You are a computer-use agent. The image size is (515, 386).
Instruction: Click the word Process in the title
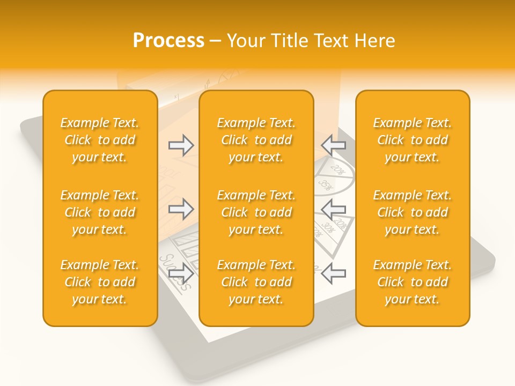click(x=168, y=41)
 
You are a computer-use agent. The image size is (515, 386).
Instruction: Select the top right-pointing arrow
click(x=181, y=145)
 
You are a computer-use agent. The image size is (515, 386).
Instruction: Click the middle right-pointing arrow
click(x=181, y=209)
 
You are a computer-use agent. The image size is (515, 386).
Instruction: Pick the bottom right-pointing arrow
click(x=181, y=273)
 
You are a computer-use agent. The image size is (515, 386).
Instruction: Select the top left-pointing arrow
click(x=333, y=145)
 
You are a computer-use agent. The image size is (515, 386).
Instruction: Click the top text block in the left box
click(x=100, y=140)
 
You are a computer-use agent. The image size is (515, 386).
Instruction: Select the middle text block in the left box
click(x=100, y=212)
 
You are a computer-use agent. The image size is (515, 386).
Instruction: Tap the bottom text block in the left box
click(x=100, y=282)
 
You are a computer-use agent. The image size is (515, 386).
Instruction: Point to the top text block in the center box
click(x=256, y=140)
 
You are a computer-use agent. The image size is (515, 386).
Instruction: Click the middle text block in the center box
click(x=256, y=212)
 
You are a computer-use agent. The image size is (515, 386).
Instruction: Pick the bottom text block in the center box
click(x=256, y=282)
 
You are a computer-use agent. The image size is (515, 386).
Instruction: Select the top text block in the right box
click(x=412, y=140)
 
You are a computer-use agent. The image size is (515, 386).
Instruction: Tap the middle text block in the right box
click(x=412, y=212)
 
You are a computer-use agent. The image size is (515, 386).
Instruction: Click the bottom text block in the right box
click(x=412, y=282)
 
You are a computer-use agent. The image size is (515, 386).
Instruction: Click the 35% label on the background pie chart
click(x=325, y=185)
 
